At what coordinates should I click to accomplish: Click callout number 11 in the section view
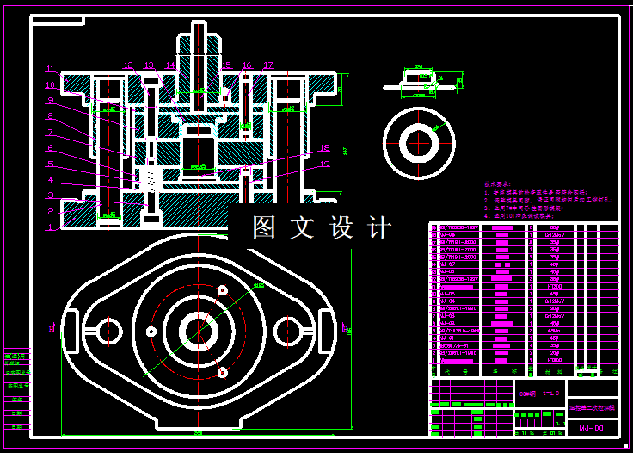[x=50, y=69]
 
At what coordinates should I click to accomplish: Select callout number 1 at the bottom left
[x=50, y=227]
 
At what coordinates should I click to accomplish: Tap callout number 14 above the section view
[x=170, y=65]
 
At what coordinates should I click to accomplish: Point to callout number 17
[x=268, y=65]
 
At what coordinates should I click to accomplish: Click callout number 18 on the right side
[x=325, y=148]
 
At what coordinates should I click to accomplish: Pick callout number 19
[x=325, y=164]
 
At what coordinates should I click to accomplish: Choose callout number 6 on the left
[x=50, y=148]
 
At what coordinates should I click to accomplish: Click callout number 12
[x=128, y=65]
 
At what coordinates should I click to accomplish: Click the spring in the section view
[x=151, y=179]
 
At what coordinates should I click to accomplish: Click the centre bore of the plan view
[x=199, y=330]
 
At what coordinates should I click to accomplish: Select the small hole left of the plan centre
[x=151, y=331]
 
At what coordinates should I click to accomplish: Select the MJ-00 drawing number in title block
[x=591, y=427]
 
